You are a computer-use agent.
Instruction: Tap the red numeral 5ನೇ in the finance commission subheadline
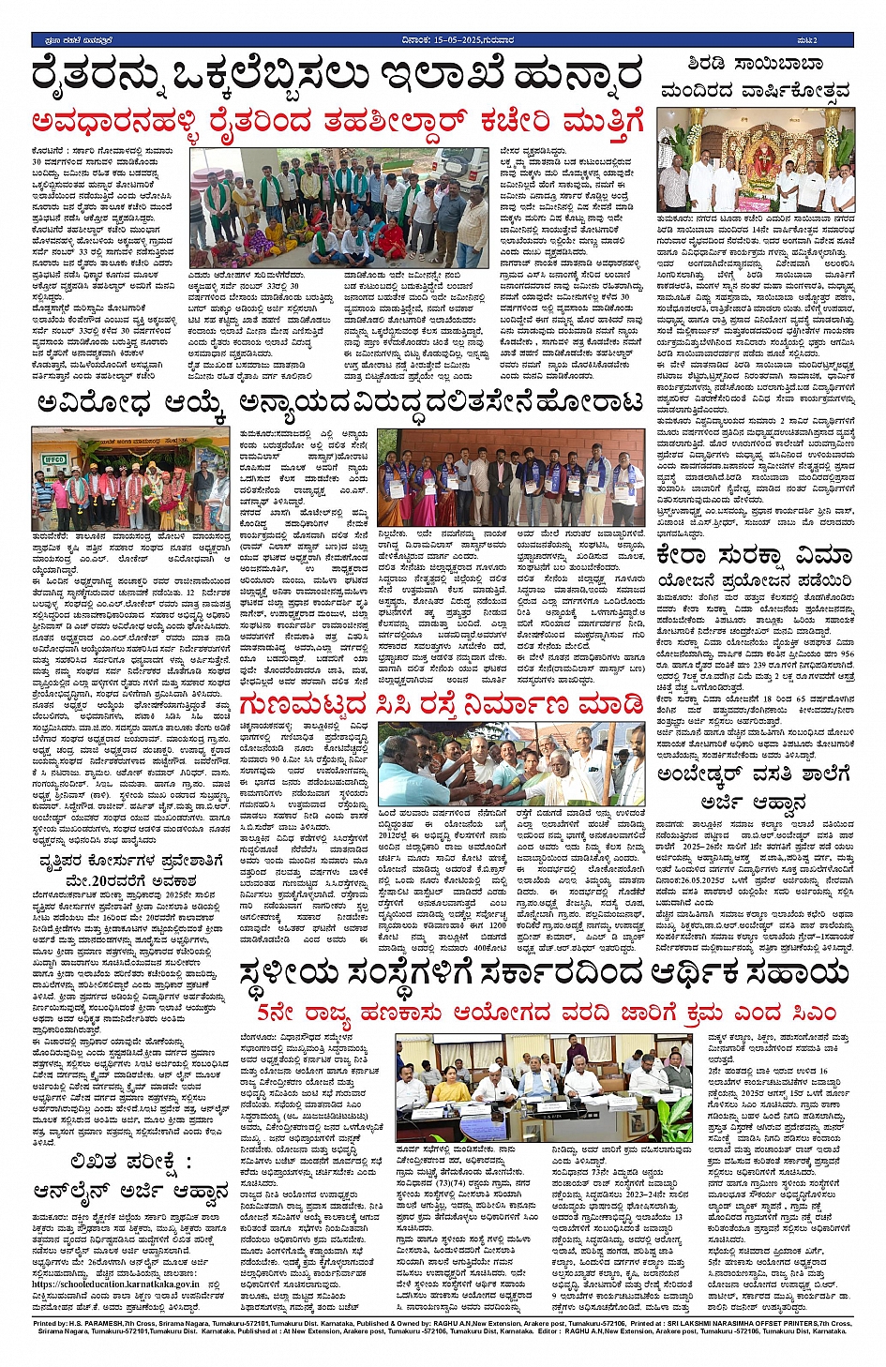(279, 1014)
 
